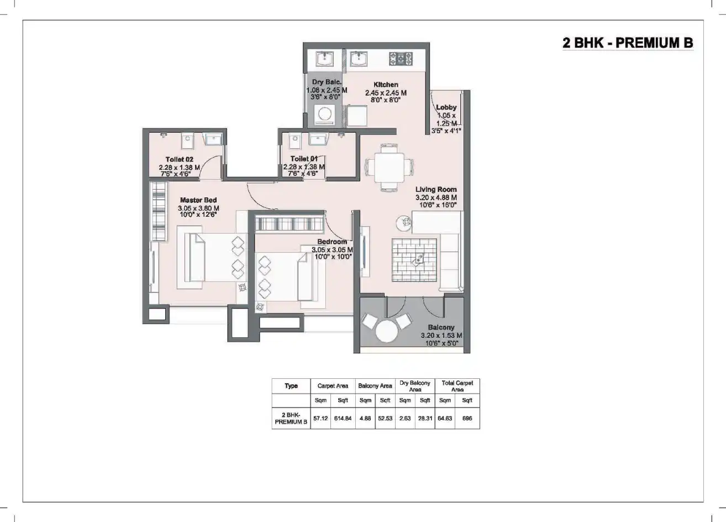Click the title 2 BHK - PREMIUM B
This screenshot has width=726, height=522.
(627, 43)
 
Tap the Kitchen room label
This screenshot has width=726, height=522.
(386, 85)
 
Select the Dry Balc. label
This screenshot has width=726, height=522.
(327, 82)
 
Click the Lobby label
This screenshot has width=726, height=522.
(446, 107)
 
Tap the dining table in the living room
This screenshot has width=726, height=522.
(388, 165)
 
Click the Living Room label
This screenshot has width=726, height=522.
(436, 189)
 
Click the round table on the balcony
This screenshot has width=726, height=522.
(387, 332)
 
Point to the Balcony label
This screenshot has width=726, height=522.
(441, 327)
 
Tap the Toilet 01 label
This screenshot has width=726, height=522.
(304, 159)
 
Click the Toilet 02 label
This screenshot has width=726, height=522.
(179, 159)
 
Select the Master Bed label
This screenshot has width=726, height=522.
(198, 200)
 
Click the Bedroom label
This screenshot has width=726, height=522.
(332, 242)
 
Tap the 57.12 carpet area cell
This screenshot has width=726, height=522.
(320, 419)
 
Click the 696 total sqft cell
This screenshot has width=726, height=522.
(467, 419)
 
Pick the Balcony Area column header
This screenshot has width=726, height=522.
(375, 386)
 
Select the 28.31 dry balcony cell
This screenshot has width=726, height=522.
(424, 419)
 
